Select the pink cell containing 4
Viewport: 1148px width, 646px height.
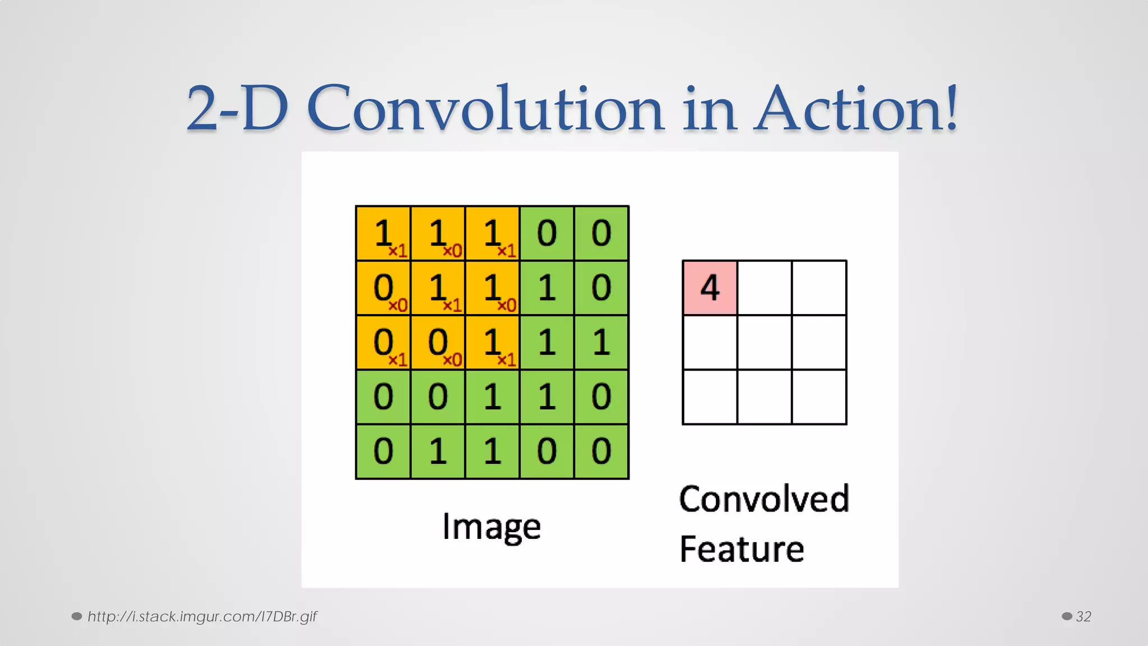click(710, 288)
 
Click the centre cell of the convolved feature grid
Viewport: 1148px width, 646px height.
click(765, 342)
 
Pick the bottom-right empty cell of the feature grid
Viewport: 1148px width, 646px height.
click(819, 396)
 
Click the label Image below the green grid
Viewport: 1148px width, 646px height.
click(492, 527)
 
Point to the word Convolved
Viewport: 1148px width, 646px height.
click(764, 499)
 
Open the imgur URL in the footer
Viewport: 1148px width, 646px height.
click(202, 616)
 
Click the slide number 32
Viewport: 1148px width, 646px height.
click(1083, 616)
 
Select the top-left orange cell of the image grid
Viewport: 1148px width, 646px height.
click(383, 233)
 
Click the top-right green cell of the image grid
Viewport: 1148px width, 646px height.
click(601, 233)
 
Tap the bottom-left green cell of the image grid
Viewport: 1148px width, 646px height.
click(383, 451)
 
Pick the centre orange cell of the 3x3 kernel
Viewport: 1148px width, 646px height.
click(438, 288)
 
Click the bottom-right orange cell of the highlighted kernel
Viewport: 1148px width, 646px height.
click(492, 342)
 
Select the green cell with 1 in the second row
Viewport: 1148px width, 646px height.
click(547, 288)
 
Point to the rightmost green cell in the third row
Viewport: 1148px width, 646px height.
click(601, 342)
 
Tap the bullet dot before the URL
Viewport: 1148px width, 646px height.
click(77, 616)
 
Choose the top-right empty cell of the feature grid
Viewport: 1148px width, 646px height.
click(819, 288)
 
